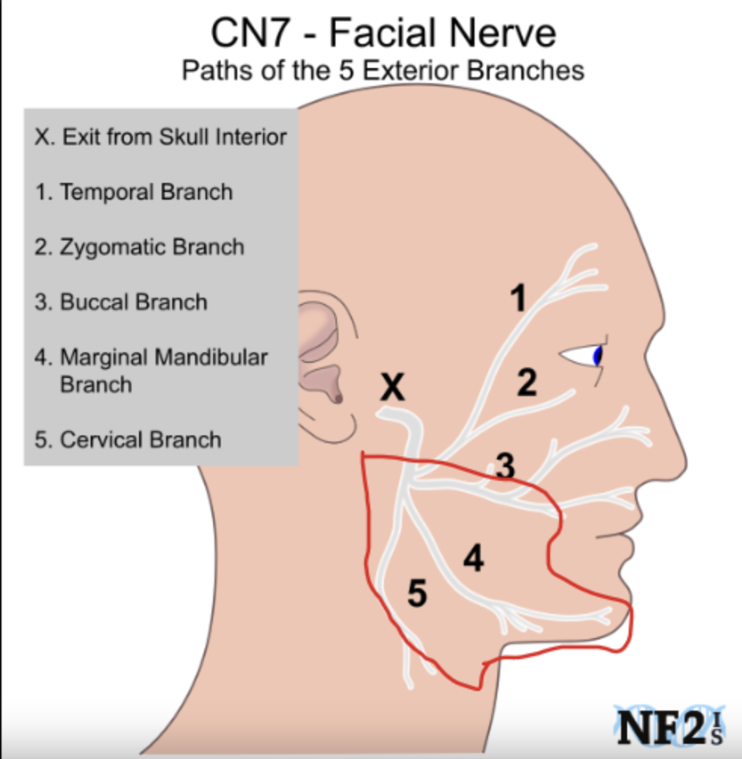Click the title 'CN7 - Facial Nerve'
[384, 33]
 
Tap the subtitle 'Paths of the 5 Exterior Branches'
[383, 70]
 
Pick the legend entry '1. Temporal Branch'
[134, 192]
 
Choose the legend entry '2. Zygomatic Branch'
[139, 248]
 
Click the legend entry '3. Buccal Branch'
[121, 302]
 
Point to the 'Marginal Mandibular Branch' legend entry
[151, 370]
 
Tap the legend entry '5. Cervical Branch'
[128, 440]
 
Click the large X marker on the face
[392, 387]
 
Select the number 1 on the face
[518, 298]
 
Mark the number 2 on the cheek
[527, 383]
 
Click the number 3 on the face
[505, 466]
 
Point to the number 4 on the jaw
[474, 558]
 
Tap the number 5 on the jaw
[417, 593]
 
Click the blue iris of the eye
[598, 356]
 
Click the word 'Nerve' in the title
[502, 33]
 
